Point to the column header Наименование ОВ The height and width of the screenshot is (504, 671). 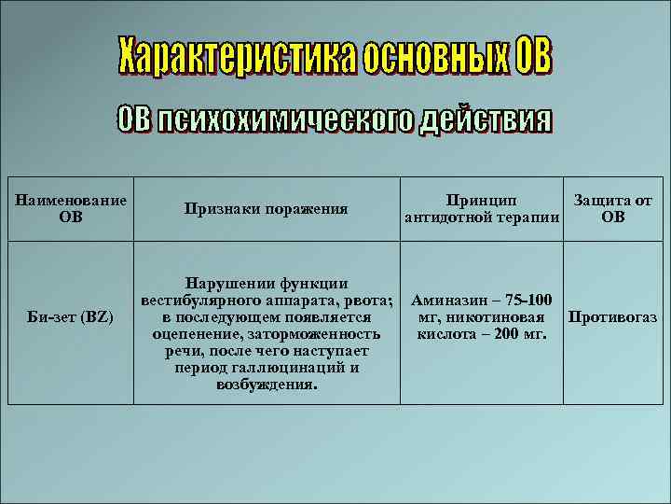tap(71, 209)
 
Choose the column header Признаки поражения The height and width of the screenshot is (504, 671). tap(267, 209)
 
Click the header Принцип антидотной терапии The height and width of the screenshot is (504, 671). tap(482, 209)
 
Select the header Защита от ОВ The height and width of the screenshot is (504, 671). tap(612, 209)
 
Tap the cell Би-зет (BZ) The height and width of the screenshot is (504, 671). tap(71, 317)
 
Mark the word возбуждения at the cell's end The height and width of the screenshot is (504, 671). tap(267, 385)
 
